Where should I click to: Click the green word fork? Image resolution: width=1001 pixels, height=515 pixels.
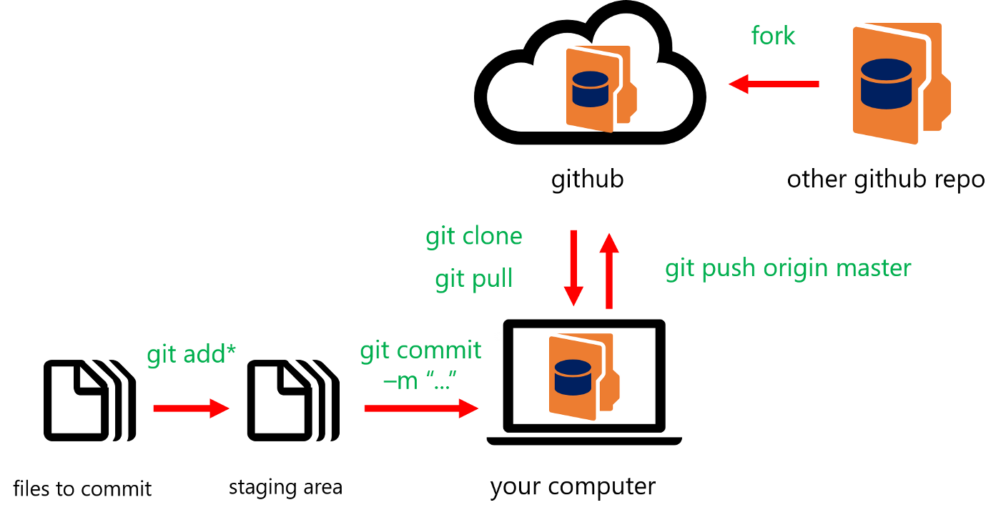click(x=773, y=36)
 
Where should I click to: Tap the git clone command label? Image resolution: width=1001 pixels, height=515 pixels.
click(x=474, y=236)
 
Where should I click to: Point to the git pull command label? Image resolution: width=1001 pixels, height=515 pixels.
click(x=474, y=278)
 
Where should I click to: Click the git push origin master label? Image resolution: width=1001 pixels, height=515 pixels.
click(x=788, y=268)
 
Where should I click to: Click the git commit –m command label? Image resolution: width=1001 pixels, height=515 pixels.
click(x=420, y=365)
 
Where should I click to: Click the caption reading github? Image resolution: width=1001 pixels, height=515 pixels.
click(x=587, y=179)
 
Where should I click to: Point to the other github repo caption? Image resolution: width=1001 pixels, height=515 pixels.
click(x=885, y=179)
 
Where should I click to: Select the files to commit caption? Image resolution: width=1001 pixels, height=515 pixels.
click(x=82, y=489)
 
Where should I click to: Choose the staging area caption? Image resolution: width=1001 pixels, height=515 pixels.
click(x=285, y=488)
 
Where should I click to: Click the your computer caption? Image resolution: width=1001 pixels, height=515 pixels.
click(x=573, y=486)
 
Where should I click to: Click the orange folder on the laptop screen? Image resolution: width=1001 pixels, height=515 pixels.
click(x=581, y=376)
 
